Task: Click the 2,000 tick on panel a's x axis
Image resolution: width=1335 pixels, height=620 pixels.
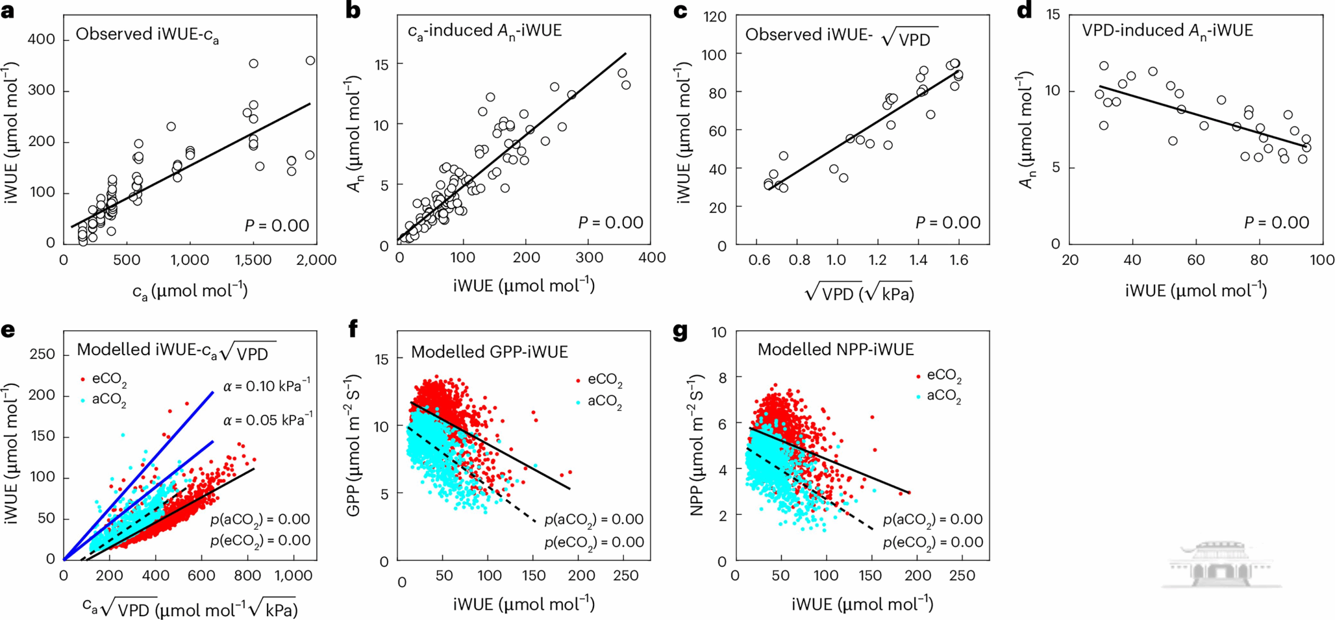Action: [x=316, y=260]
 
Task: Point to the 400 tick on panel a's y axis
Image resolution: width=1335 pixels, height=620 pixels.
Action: [x=42, y=40]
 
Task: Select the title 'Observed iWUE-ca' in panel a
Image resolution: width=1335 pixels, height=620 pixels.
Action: [x=147, y=35]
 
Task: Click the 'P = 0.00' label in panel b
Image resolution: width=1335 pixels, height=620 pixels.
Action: [x=610, y=223]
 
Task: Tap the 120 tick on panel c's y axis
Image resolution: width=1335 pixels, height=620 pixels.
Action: [x=714, y=16]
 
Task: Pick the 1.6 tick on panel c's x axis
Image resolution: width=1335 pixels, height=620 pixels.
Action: [x=958, y=260]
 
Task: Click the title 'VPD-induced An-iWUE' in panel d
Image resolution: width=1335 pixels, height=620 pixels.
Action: [x=1167, y=31]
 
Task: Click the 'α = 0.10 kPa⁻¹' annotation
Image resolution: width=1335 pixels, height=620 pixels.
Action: [x=267, y=387]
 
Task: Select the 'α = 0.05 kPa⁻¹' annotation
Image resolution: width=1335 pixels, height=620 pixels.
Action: [x=268, y=421]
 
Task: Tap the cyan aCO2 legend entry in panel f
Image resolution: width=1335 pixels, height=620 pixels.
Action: [x=598, y=403]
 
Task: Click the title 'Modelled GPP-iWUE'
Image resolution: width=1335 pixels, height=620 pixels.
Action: [x=490, y=352]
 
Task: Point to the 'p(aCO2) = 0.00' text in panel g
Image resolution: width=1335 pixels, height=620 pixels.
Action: [x=932, y=519]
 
